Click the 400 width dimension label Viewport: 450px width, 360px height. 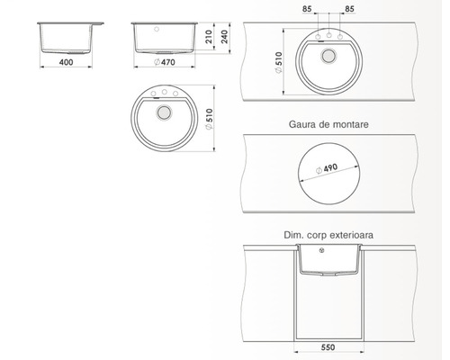click(66, 62)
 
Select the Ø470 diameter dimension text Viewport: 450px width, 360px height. click(165, 62)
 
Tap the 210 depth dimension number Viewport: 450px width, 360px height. click(209, 37)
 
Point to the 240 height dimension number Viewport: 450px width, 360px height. click(224, 37)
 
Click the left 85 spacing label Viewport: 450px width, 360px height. click(307, 9)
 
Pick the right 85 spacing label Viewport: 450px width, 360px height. click(349, 9)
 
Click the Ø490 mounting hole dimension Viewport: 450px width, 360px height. click(327, 169)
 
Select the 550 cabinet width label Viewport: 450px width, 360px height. click(328, 347)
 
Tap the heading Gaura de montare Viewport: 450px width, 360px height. click(328, 124)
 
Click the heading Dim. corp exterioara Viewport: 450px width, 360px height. click(328, 235)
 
